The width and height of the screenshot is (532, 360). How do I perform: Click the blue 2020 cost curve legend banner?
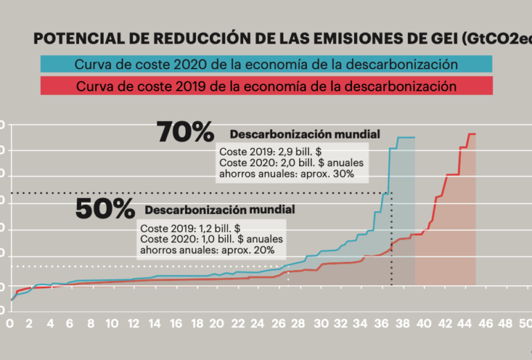[x=267, y=64]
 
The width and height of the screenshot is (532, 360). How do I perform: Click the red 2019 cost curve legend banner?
[x=267, y=87]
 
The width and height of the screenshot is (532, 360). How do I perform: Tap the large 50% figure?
[x=105, y=208]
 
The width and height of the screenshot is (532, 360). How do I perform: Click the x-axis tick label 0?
[x=9, y=323]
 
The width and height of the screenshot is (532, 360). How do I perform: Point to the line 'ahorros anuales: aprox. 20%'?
[x=208, y=250]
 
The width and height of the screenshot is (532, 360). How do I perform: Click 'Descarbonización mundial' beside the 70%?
[x=305, y=134]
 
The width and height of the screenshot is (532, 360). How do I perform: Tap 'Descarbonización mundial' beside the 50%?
[x=220, y=210]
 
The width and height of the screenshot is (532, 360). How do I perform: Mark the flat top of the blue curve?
[x=406, y=138]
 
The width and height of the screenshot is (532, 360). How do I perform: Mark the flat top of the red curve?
[x=472, y=134]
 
